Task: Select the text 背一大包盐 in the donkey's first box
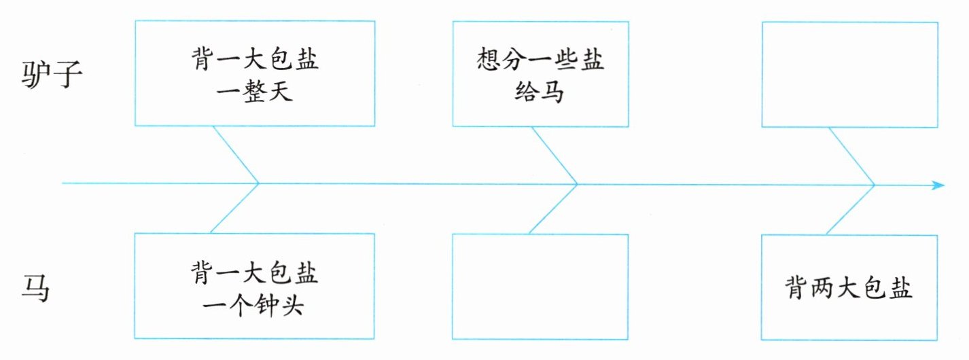[x=255, y=60]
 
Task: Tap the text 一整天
[x=255, y=91]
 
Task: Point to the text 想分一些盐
[x=540, y=60]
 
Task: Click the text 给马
[x=540, y=91]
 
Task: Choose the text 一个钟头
[x=255, y=306]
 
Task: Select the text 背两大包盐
[x=849, y=289]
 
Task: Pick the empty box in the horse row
[x=540, y=286]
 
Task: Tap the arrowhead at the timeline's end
[x=938, y=185]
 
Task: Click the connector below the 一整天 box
[x=235, y=154]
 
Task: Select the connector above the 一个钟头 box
[x=235, y=208]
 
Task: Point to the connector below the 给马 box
[x=553, y=154]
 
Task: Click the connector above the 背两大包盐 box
[x=850, y=209]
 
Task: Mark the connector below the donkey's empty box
[x=851, y=154]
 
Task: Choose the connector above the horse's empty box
[x=553, y=209]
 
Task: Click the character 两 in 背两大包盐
[x=823, y=289]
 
